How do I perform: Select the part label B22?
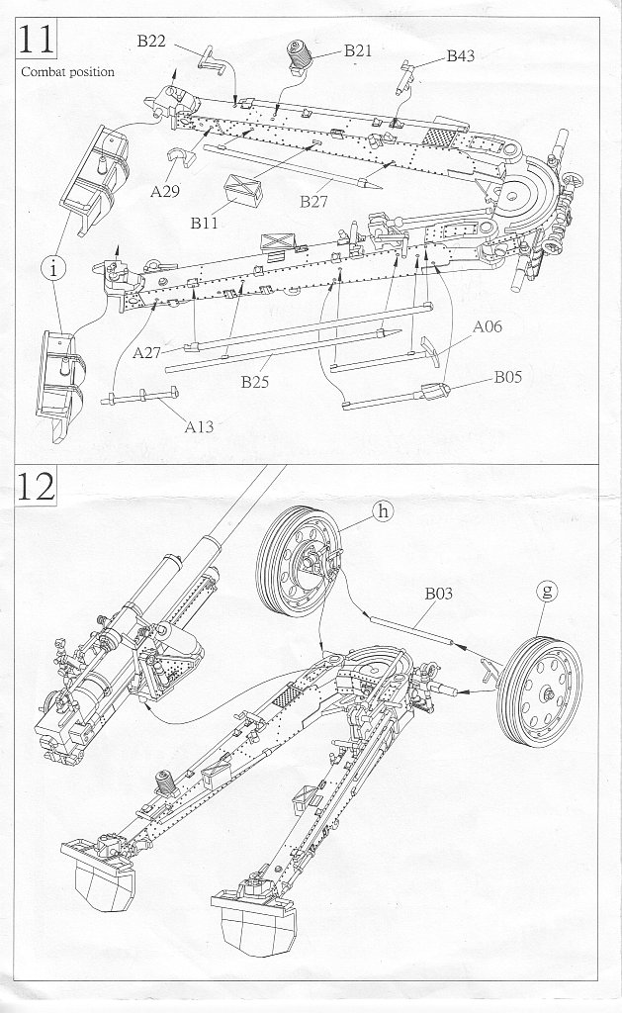click(x=151, y=41)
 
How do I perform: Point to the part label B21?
click(x=358, y=50)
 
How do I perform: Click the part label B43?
click(x=460, y=56)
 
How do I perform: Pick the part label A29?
click(x=165, y=191)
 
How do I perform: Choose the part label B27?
click(x=314, y=201)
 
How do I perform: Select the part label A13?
click(x=201, y=426)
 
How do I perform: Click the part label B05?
click(x=509, y=376)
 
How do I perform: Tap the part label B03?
click(x=438, y=595)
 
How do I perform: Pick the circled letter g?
click(x=547, y=592)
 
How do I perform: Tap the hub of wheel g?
click(x=546, y=693)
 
